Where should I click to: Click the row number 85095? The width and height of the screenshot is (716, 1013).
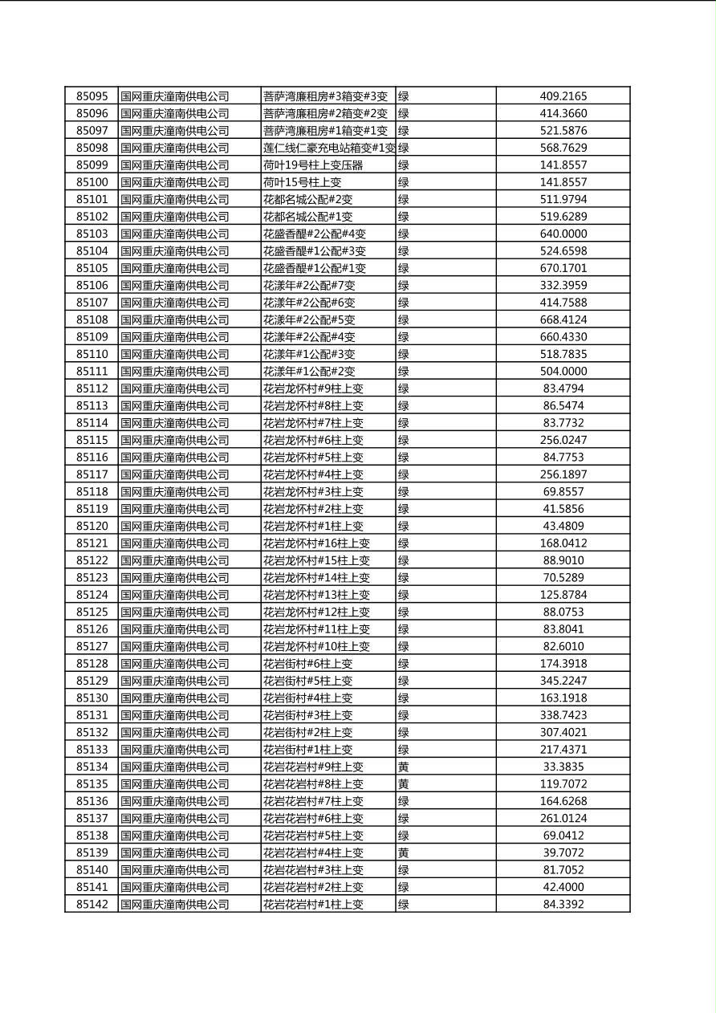coord(92,96)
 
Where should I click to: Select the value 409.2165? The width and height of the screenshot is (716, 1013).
coord(563,96)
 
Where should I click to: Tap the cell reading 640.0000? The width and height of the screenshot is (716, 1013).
coord(563,234)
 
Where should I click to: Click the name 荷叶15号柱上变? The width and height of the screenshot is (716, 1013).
coord(302,182)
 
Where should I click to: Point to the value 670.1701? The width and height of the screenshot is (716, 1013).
coord(563,268)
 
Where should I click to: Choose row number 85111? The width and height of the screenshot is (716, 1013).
coord(92,371)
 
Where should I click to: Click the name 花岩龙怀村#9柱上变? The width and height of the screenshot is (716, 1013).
coord(313,389)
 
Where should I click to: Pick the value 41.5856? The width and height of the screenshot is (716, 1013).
coord(563,509)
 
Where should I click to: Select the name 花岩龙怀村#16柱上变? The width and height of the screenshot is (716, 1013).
coord(316,543)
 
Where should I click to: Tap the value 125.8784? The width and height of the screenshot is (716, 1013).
coord(563,595)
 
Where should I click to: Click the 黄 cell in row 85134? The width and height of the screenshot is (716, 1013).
coord(404,767)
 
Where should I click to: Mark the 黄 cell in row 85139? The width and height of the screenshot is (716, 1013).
coord(404,852)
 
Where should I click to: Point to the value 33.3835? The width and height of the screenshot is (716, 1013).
coord(563,767)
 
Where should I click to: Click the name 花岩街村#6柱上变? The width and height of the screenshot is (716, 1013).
coord(307,664)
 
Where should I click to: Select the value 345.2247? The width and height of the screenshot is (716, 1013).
coord(563,681)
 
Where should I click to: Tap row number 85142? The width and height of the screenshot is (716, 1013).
coord(92,904)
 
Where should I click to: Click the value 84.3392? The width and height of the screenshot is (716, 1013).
coord(563,904)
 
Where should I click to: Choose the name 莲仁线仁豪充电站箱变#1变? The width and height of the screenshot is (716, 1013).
coord(328,148)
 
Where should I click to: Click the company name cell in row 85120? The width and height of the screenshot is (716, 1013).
coord(174,526)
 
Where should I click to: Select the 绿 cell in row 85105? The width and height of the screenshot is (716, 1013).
coord(404,268)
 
